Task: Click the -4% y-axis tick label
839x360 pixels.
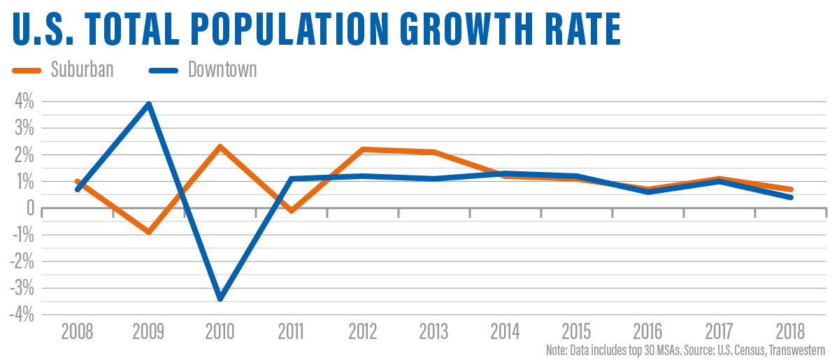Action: (21, 315)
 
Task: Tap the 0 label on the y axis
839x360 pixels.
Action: (29, 208)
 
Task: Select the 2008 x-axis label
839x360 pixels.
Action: (78, 330)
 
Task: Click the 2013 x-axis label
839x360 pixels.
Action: (434, 330)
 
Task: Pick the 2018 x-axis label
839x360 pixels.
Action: (791, 330)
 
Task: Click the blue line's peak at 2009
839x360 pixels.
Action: (148, 104)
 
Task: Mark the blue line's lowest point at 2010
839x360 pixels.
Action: (220, 298)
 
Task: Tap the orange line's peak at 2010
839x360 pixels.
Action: (220, 147)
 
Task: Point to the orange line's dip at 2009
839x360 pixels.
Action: (148, 231)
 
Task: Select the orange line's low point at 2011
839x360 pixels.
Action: (291, 210)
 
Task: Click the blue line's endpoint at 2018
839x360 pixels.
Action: (791, 197)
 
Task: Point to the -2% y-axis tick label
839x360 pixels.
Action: (21, 261)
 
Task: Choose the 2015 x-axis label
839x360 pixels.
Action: (577, 330)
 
